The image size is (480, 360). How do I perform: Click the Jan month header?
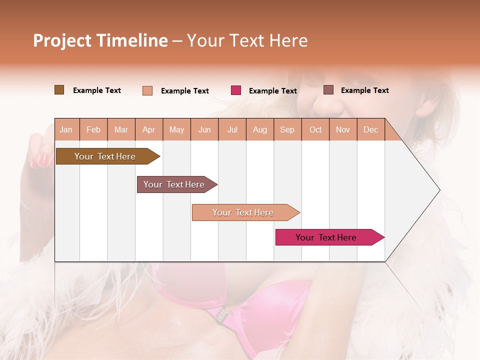click(66, 129)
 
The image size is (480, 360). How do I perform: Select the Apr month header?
click(148, 129)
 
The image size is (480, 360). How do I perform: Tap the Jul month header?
click(232, 129)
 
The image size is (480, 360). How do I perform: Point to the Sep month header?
click(287, 129)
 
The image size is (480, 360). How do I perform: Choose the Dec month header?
click(370, 129)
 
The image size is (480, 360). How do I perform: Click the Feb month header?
click(93, 129)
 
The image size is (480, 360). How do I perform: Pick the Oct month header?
click(315, 129)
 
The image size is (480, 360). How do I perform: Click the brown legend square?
click(59, 90)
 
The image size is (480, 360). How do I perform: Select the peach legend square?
click(147, 90)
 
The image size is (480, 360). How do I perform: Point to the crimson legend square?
click(236, 90)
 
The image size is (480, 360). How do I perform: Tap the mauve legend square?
click(328, 90)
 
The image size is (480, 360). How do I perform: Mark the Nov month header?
click(343, 129)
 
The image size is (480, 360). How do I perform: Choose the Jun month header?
click(204, 129)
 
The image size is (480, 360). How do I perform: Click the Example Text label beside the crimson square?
click(273, 91)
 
